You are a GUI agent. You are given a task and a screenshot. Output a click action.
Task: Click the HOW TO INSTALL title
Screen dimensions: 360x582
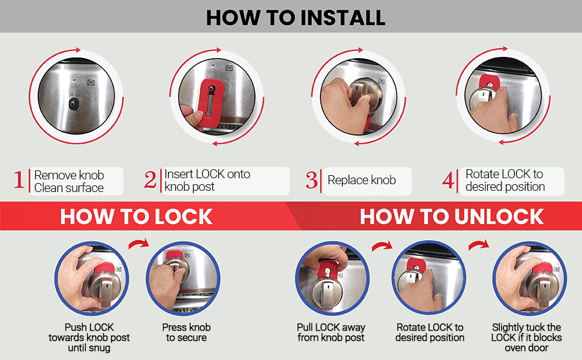click(x=295, y=17)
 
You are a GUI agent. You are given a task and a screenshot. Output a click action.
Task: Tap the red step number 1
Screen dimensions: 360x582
click(x=20, y=181)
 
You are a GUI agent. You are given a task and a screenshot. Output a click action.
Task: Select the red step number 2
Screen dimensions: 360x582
click(x=151, y=181)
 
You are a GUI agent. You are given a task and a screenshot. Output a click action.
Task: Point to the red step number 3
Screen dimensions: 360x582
click(x=312, y=181)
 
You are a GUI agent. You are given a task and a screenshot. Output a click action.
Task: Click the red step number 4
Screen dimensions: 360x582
click(x=449, y=181)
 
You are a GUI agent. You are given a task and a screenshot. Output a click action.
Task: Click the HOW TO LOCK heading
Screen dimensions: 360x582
click(x=136, y=217)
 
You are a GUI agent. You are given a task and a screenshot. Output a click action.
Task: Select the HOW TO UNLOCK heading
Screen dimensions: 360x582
click(x=451, y=217)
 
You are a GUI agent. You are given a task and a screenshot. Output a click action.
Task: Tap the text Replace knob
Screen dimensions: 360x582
click(x=361, y=181)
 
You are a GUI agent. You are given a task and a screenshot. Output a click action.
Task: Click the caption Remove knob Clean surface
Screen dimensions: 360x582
click(x=69, y=181)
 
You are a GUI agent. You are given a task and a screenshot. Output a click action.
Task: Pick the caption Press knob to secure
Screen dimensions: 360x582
click(x=187, y=332)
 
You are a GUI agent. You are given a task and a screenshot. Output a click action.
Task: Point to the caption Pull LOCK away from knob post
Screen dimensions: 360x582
click(x=331, y=332)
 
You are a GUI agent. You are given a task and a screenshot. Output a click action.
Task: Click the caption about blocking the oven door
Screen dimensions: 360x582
click(x=526, y=337)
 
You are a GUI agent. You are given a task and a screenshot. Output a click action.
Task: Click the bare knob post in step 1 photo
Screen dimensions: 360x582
click(x=73, y=103)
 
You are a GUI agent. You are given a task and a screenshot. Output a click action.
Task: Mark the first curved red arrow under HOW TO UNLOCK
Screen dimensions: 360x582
click(x=381, y=246)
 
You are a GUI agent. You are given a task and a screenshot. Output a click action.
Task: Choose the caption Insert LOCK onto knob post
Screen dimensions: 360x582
click(x=207, y=181)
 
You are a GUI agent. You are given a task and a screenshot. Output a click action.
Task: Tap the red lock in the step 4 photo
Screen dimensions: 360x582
click(x=489, y=83)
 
